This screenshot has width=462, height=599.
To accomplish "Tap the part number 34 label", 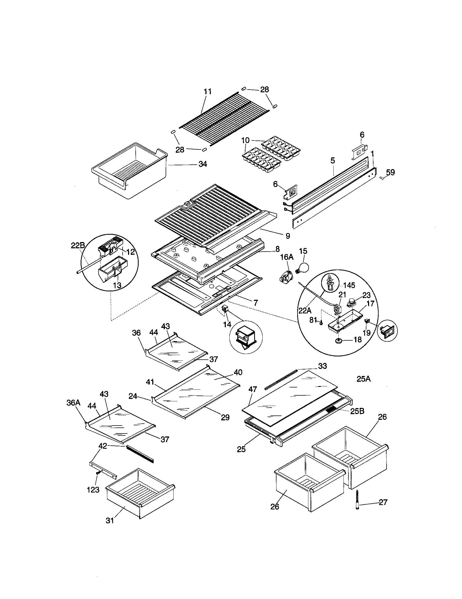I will tap(203, 164).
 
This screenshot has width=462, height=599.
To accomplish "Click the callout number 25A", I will tap(363, 379).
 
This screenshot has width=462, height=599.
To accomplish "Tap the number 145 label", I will tap(349, 285).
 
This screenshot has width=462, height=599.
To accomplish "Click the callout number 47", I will tap(253, 389).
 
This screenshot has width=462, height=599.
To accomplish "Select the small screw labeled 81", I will tap(320, 323).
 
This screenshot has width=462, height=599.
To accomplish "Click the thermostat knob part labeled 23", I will tap(350, 303).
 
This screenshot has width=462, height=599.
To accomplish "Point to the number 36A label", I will tap(73, 402).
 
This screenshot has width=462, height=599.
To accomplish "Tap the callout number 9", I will tap(287, 236).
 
